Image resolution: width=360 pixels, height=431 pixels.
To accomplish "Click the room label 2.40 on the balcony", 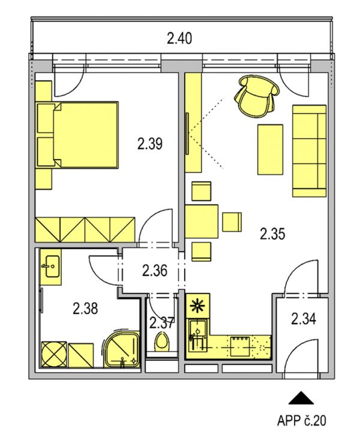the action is [179, 38].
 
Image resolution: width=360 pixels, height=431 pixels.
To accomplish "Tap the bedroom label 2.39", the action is [150, 143].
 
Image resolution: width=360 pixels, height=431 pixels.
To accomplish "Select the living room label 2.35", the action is [272, 235].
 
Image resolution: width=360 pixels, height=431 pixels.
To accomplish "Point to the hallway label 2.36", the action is [155, 271].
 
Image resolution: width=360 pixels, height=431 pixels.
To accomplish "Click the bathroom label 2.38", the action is [85, 308].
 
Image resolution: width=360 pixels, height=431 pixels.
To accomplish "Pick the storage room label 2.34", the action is [304, 319].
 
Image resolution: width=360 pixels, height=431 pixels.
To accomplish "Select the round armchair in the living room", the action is [257, 97].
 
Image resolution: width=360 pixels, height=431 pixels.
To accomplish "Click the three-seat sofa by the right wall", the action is [309, 151].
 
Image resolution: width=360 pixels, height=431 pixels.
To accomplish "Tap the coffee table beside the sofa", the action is [270, 149].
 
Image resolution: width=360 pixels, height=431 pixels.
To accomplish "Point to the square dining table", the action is [202, 222].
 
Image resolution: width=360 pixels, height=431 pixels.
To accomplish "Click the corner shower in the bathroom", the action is [121, 349].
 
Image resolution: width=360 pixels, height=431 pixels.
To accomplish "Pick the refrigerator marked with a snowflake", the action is [198, 306].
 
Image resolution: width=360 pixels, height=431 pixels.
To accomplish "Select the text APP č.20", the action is [301, 420].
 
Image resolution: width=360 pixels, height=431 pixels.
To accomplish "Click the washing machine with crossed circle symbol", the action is [54, 354].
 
